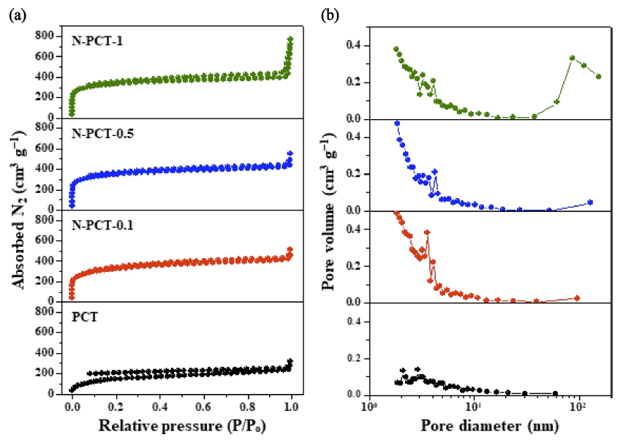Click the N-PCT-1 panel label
click(97, 41)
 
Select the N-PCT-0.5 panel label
click(103, 133)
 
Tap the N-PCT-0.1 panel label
click(102, 225)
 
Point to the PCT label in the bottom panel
click(85, 317)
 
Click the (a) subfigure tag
click(18, 15)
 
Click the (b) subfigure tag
click(331, 15)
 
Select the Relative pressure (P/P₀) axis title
click(182, 425)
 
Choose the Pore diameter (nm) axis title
click(489, 425)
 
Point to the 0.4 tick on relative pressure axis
click(159, 407)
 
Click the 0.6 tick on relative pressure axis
click(204, 407)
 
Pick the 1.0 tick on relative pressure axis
click(292, 407)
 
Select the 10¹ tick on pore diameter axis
click(475, 407)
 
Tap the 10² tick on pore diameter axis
click(578, 407)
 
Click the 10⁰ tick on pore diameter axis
click(369, 407)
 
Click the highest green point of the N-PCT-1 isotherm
click(290, 39)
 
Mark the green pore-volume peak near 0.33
click(572, 58)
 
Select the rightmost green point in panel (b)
click(598, 76)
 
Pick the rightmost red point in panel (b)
click(578, 298)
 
